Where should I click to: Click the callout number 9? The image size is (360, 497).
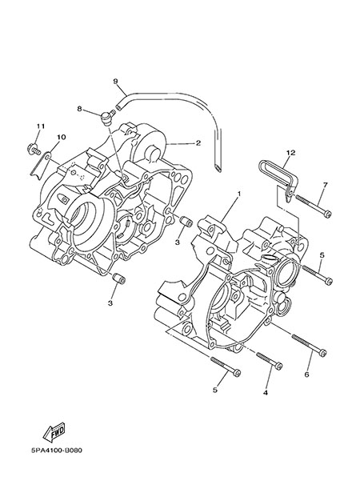(x=115, y=81)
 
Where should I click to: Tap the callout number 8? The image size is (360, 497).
(x=79, y=109)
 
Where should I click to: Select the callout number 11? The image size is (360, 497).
(x=41, y=126)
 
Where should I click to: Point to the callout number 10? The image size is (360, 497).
(x=62, y=137)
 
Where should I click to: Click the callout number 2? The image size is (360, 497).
(x=198, y=143)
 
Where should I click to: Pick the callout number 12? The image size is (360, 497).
(x=290, y=153)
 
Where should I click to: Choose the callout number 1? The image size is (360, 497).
(x=239, y=193)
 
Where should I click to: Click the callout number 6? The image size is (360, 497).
(x=306, y=375)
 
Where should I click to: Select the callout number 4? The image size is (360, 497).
(x=266, y=392)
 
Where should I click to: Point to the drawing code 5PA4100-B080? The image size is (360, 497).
(x=57, y=451)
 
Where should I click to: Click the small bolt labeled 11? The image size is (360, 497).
(x=34, y=148)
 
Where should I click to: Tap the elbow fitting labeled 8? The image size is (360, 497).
(x=106, y=118)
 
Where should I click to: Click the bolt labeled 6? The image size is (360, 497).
(x=309, y=345)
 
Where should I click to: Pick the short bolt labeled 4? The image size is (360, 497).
(x=270, y=361)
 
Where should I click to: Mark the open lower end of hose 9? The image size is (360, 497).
(x=217, y=168)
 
